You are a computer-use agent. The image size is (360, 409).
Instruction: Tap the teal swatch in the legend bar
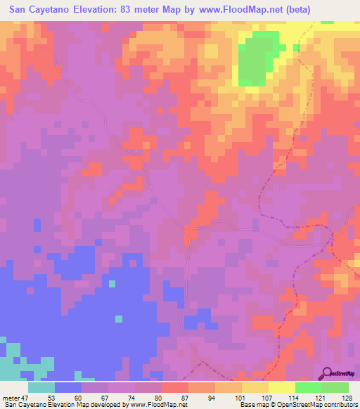[x=41, y=387]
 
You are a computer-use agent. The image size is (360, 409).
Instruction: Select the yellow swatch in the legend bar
[x=281, y=387]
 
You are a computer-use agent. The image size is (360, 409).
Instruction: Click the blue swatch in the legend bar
[x=68, y=387]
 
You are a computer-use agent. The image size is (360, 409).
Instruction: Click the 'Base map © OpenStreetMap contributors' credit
[x=298, y=405]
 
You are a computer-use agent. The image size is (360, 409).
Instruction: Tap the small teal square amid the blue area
[x=111, y=284]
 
